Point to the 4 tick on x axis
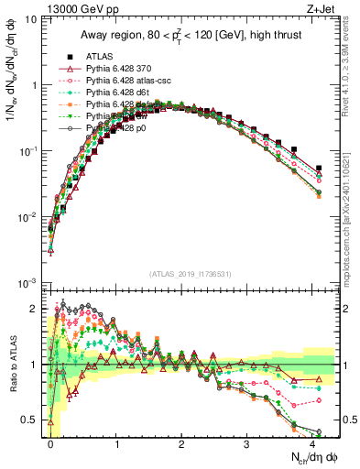312,446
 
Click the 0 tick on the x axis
51,446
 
